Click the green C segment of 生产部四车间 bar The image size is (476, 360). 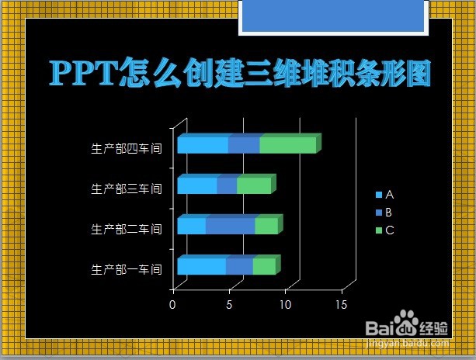coord(287,145)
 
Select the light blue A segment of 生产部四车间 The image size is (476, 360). coord(203,145)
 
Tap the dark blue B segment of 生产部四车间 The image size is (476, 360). coord(244,145)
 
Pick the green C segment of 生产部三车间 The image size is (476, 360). coord(254,185)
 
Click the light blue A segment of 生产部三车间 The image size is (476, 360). coord(197,185)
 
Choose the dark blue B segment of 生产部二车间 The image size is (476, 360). coord(230,226)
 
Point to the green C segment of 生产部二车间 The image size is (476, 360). coord(266,226)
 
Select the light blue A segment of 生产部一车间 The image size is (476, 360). coord(201,266)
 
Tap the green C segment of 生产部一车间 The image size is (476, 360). coord(264,266)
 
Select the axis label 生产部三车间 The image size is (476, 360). coord(126,189)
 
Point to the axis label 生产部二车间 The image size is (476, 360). coord(126,229)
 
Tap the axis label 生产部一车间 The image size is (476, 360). coord(126,269)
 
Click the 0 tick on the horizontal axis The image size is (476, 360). coord(172,305)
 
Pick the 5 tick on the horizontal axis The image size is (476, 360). coord(229,305)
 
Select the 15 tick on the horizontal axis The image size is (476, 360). coord(340,305)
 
